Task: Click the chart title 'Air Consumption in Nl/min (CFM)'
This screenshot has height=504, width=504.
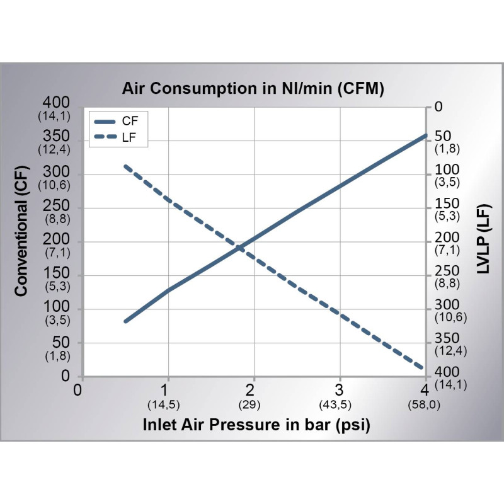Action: (253, 89)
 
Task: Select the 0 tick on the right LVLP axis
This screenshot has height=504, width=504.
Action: (438, 107)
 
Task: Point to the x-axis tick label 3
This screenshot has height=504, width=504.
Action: (339, 388)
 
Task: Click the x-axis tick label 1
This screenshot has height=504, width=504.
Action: (167, 388)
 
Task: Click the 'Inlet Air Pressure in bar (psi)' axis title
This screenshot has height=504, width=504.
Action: (256, 425)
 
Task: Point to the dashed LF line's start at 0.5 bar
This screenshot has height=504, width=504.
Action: (125, 166)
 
